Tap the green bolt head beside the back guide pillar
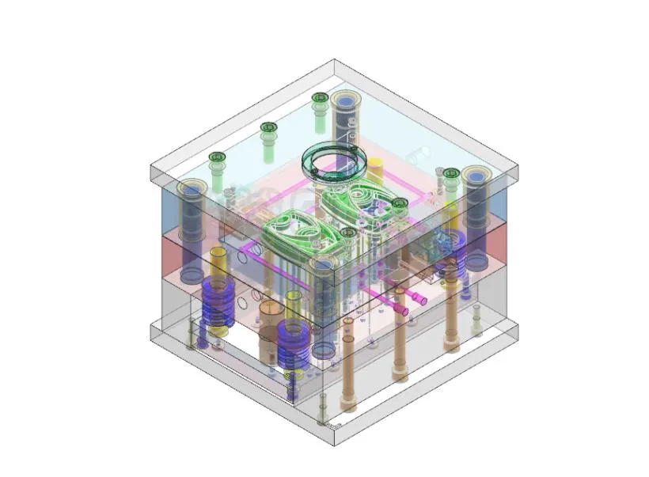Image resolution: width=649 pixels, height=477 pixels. click(x=320, y=98)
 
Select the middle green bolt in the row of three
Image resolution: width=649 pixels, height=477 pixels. click(x=268, y=127)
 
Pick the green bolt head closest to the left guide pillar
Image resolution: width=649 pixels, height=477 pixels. click(x=217, y=157)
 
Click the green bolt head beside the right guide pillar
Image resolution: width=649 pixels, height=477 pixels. click(x=451, y=174)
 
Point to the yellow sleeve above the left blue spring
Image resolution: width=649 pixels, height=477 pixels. click(x=218, y=261)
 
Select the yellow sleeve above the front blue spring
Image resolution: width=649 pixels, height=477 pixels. click(x=293, y=304)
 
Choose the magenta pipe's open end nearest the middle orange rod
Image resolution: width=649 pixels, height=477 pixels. click(x=406, y=312)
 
